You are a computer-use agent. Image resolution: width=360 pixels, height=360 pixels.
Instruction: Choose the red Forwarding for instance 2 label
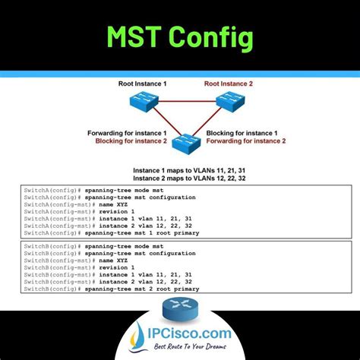tap(245, 141)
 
